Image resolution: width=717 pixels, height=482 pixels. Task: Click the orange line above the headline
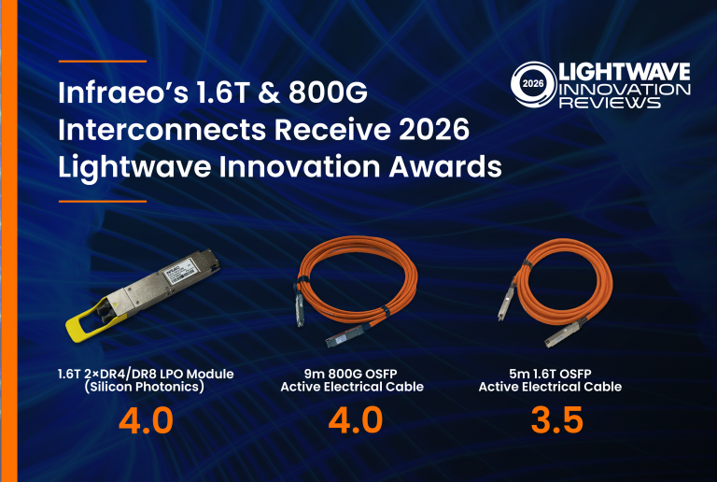point(102,62)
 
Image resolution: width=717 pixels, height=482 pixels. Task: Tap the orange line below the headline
point(102,200)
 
